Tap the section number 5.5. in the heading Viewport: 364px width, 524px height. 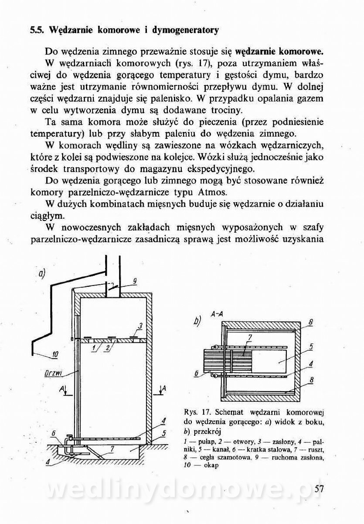37,31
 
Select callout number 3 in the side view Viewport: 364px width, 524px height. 140,326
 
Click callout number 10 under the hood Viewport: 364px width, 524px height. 54,355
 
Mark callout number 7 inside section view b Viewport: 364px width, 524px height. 250,337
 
